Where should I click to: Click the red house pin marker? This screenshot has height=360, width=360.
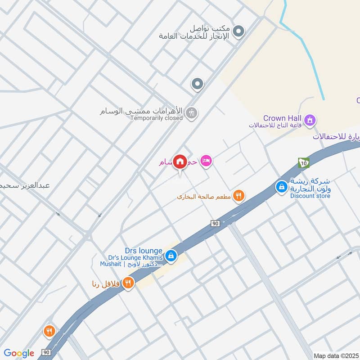tap(180, 162)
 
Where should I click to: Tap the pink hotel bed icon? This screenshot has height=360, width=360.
tap(206, 161)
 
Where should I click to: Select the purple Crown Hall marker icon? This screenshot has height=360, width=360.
tap(310, 120)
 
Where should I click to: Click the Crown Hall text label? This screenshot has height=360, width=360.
tap(282, 118)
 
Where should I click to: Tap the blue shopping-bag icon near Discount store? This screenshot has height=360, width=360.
tap(282, 186)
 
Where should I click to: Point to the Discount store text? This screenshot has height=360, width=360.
tap(310, 196)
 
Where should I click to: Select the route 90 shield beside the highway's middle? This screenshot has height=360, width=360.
tap(215, 224)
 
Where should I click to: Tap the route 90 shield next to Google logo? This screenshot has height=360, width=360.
tap(45, 352)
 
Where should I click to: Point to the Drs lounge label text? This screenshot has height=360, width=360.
tap(144, 250)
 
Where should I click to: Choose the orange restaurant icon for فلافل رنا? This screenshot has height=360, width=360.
tap(129, 283)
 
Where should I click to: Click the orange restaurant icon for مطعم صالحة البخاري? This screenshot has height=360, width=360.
tap(239, 196)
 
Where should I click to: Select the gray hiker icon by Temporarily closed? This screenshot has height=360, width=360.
tap(191, 112)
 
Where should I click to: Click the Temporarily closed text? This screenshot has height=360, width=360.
tap(156, 118)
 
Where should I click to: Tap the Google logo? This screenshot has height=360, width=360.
tap(19, 353)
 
